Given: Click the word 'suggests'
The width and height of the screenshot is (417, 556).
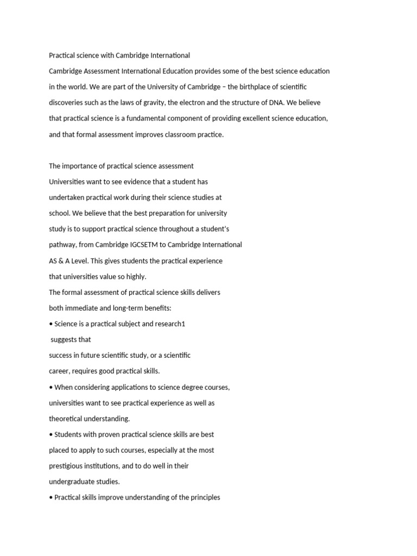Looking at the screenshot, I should point(64,340).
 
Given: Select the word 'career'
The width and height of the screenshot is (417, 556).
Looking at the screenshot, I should point(58,371).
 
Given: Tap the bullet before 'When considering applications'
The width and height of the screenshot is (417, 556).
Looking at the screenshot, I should point(51,387).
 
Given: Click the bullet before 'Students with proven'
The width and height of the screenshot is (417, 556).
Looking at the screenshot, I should point(51,434).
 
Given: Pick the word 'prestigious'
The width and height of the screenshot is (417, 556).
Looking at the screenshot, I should point(67,466).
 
